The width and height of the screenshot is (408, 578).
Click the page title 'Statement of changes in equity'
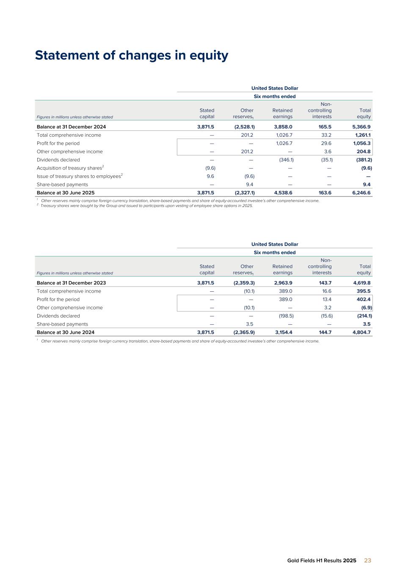tap(132, 55)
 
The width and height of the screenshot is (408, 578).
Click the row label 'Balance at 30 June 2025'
tap(66, 193)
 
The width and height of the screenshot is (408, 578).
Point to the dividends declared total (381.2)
tap(364, 160)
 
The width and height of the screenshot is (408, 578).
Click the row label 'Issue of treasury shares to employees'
tap(79, 176)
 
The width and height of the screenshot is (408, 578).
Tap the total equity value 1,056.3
tap(361, 143)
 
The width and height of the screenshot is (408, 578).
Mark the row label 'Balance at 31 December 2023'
tap(71, 283)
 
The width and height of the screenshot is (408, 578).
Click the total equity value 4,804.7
tap(361, 332)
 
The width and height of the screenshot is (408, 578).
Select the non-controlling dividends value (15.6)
tap(326, 316)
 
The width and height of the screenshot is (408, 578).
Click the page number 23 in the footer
tap(367, 560)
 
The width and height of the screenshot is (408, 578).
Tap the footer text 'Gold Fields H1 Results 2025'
tap(322, 560)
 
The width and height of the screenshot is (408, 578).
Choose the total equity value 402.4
tap(363, 299)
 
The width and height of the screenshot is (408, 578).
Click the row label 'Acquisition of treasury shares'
tap(69, 168)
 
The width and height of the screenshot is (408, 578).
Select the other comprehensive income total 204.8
tap(363, 152)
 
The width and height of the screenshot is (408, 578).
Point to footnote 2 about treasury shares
tap(146, 206)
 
